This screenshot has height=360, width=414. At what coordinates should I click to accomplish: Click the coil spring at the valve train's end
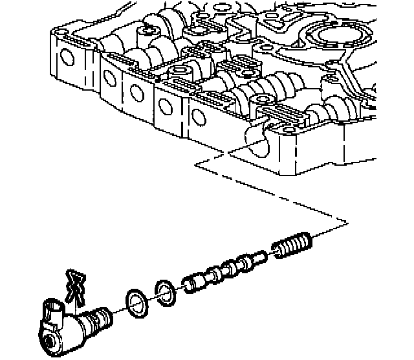click(x=293, y=246)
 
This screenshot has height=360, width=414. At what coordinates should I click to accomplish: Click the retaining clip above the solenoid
click(x=74, y=286)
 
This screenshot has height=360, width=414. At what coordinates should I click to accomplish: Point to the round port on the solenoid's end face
click(x=50, y=341)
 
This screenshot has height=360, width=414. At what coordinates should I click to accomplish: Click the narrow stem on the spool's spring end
click(x=258, y=258)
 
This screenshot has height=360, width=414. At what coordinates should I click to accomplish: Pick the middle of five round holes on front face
click(x=137, y=92)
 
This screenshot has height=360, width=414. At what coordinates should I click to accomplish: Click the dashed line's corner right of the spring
click(x=347, y=223)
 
